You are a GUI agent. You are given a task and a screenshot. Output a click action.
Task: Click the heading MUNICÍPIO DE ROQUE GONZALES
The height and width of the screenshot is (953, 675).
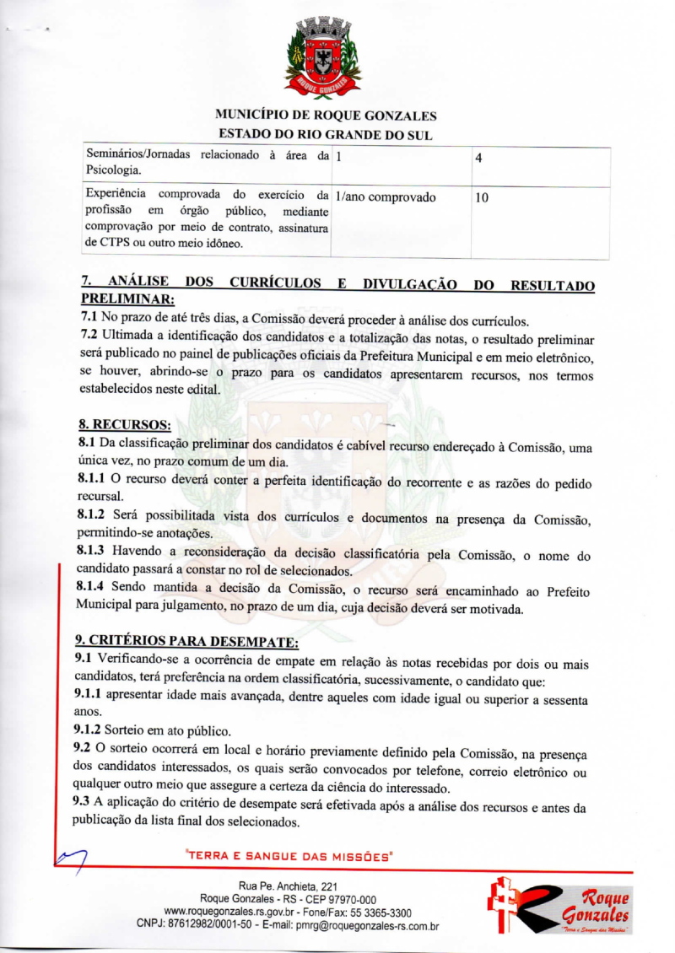(326, 116)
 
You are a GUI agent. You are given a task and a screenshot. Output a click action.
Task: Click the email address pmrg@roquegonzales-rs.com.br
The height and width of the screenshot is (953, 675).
(368, 926)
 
